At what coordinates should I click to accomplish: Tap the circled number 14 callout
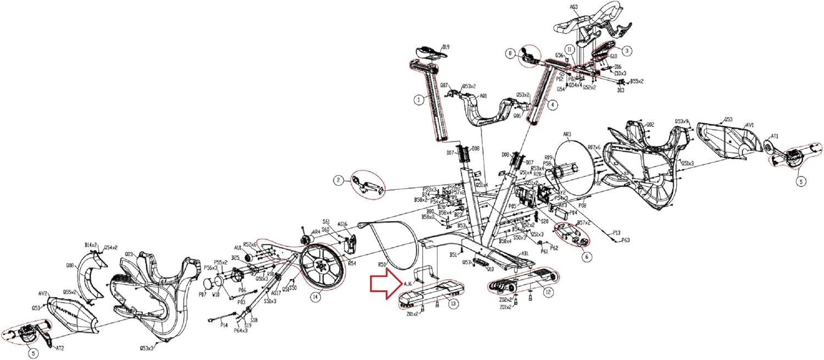(x=315, y=298)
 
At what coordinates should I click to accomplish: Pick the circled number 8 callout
(x=510, y=53)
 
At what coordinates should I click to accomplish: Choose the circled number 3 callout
(x=627, y=50)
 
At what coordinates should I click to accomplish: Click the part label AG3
(x=573, y=7)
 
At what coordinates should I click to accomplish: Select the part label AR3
(x=567, y=134)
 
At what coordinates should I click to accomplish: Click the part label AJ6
(x=408, y=284)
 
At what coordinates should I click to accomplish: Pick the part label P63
(x=626, y=240)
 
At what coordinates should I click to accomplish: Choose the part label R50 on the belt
(x=382, y=265)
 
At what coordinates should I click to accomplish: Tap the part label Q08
(x=70, y=265)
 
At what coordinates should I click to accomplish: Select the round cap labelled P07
(x=209, y=286)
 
